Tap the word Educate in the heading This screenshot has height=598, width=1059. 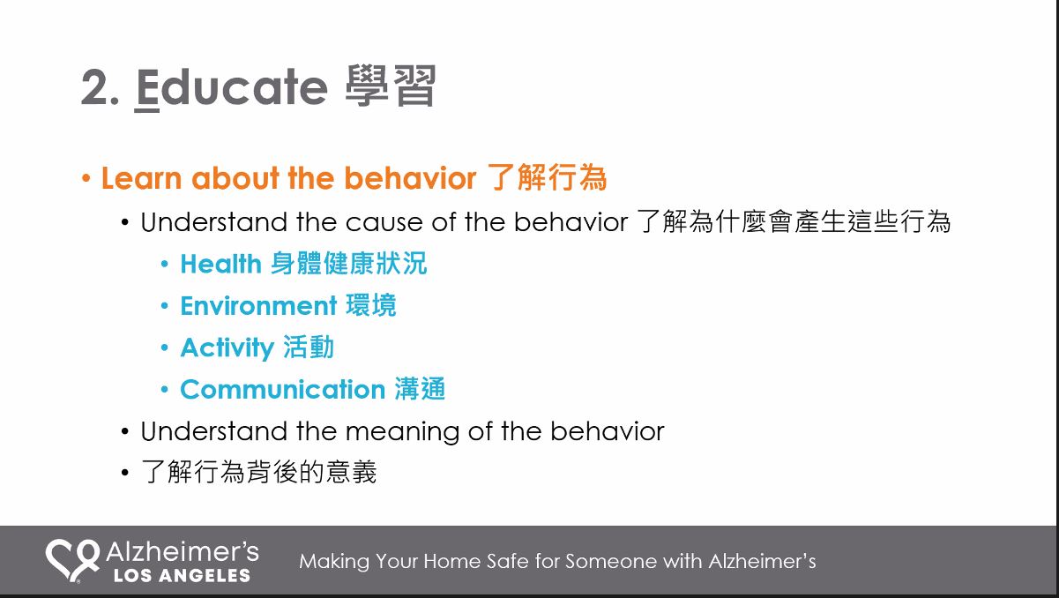click(x=232, y=87)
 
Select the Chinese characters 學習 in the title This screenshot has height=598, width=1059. click(x=391, y=86)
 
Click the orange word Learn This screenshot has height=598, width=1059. click(x=142, y=178)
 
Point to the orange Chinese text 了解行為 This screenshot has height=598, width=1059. click(x=547, y=177)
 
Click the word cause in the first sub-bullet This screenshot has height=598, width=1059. click(x=384, y=222)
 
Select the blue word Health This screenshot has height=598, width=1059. click(x=220, y=264)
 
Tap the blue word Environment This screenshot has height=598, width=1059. click(x=258, y=305)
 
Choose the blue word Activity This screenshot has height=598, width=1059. click(x=227, y=348)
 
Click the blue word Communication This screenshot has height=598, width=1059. click(x=283, y=390)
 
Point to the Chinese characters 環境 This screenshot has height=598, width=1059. click(x=371, y=305)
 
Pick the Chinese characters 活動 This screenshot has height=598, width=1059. click(x=309, y=347)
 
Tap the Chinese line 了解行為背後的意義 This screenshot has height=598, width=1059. click(x=258, y=472)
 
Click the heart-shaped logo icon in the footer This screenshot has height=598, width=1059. click(x=73, y=561)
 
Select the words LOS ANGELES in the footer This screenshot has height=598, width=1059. click(x=182, y=575)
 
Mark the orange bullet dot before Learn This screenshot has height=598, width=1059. click(x=86, y=179)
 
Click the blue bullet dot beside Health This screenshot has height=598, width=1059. click(x=165, y=264)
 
